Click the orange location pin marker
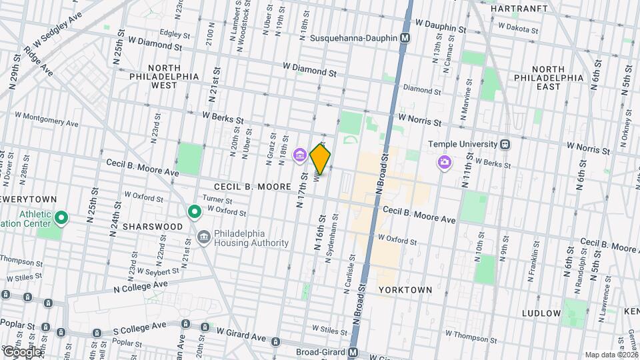[320, 159]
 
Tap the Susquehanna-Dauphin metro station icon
[405, 39]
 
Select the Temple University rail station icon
[506, 144]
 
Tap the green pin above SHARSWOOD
[195, 213]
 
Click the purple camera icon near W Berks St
[444, 162]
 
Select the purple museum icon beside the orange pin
[299, 157]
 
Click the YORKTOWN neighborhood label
[405, 290]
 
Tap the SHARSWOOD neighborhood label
[155, 227]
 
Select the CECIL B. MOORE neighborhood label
[253, 187]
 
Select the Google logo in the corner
[21, 351]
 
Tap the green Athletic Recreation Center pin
[61, 218]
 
